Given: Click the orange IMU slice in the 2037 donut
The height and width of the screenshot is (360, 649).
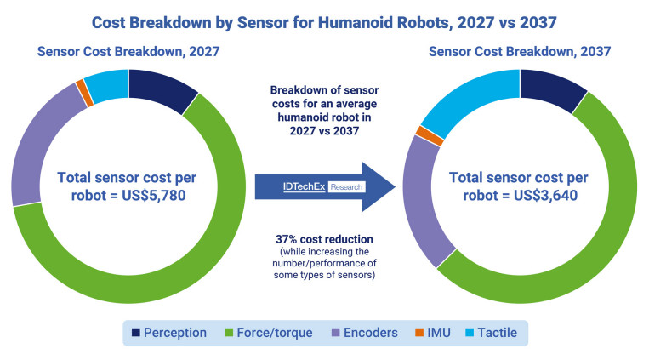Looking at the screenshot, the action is point(430,136).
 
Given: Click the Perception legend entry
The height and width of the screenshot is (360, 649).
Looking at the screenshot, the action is point(169,333).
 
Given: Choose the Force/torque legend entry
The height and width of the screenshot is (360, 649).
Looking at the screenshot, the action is point(268,333).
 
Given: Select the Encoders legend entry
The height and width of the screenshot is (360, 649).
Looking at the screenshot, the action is point(365,333).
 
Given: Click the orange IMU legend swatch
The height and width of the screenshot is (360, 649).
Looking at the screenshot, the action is point(419,332).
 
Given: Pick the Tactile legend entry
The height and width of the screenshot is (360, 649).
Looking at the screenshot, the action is point(492,333).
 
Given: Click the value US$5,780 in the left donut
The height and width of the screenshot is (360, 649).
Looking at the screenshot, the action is point(154,195).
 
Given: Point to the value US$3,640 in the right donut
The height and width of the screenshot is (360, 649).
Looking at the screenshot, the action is point(545,195).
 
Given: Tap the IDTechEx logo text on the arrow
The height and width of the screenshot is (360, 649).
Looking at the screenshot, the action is point(305,187).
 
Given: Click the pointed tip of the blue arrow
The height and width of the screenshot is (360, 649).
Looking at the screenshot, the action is point(396,187).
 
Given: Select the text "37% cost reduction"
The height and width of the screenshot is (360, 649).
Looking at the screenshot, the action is point(325,239).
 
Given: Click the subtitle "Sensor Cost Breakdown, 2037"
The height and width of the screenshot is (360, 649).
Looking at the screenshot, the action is point(520,51).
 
